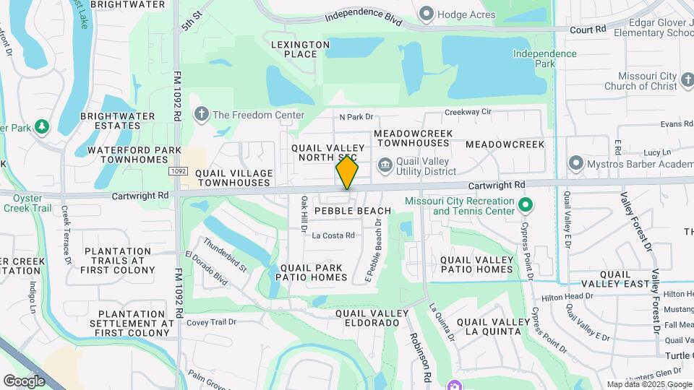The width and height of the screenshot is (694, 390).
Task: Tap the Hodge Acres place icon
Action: (x=427, y=13)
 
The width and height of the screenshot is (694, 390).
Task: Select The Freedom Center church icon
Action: (x=202, y=114)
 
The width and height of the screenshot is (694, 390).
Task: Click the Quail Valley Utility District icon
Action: (x=385, y=165)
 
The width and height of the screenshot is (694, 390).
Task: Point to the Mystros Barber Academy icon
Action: (x=576, y=162)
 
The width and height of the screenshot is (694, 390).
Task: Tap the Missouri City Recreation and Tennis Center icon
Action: (x=526, y=206)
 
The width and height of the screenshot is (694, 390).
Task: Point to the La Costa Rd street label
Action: (x=333, y=235)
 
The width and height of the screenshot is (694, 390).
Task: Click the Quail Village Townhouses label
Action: (x=235, y=178)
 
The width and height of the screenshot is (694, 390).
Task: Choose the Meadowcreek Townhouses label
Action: (x=413, y=139)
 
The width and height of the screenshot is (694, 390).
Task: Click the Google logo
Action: (x=24, y=381)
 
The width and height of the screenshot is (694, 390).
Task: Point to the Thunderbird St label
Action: (x=225, y=254)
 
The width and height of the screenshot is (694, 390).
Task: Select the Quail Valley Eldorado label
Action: (x=367, y=318)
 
